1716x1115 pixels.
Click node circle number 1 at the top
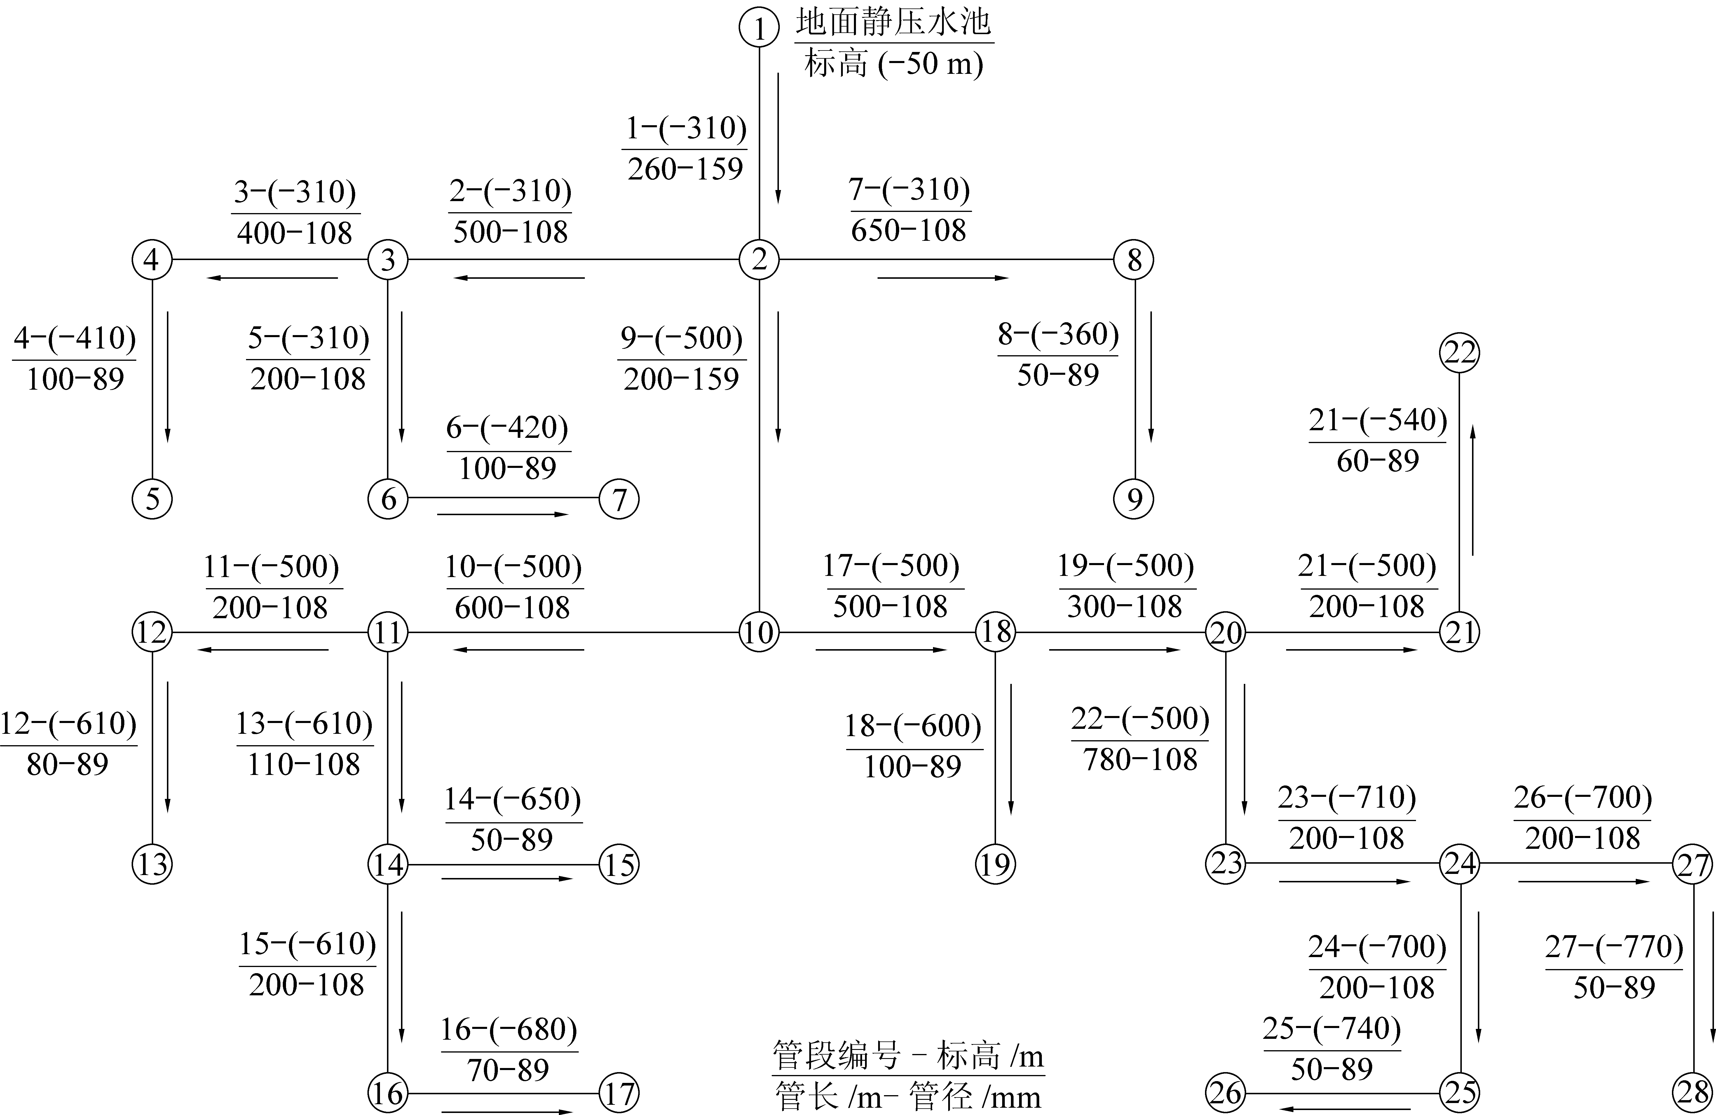coord(759,27)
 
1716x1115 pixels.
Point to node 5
coord(152,498)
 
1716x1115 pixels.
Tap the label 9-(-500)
coord(681,338)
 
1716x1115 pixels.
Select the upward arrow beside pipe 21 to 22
coord(1472,490)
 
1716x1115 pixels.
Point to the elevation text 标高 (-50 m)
coord(894,63)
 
